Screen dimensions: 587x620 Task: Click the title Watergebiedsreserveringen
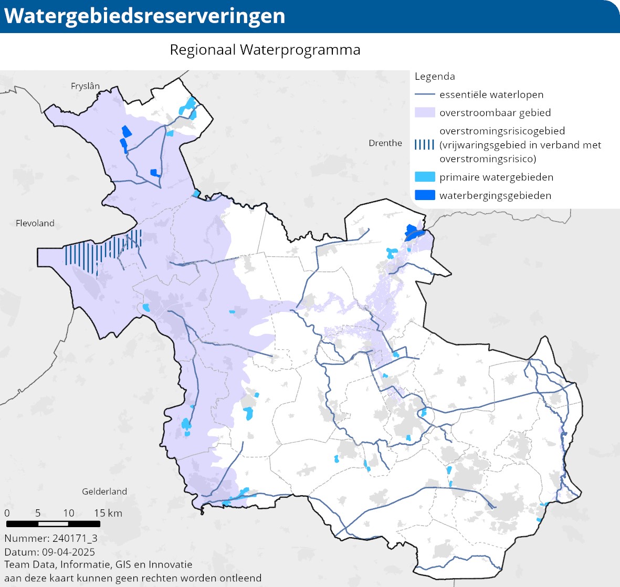pos(145,16)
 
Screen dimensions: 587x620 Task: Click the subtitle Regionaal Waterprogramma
pos(265,50)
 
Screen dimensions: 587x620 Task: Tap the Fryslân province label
pos(85,86)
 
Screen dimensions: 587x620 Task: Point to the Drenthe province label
pos(385,143)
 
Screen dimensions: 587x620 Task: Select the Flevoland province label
pos(35,223)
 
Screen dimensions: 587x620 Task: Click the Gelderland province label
pos(104,491)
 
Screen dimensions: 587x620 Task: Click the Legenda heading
pos(435,77)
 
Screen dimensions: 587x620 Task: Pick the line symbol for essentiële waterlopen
pos(425,95)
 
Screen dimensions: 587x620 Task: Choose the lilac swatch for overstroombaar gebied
pos(425,113)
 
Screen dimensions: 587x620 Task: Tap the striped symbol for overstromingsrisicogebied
pos(425,145)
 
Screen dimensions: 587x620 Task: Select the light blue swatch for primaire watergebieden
pos(425,177)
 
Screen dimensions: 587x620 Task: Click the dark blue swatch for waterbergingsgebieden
pos(425,195)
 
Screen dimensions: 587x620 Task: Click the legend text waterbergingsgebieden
pos(495,195)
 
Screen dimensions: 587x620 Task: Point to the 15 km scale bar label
pos(108,513)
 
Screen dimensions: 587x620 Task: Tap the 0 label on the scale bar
pos(7,513)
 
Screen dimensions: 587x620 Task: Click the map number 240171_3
pos(75,538)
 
